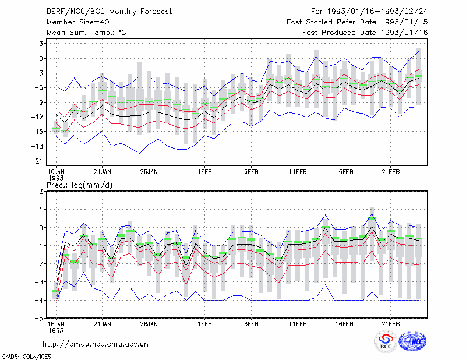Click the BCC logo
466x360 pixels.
[386, 341]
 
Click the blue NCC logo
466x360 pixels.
[412, 341]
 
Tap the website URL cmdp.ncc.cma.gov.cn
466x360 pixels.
[96, 344]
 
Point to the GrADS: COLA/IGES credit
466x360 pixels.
[26, 357]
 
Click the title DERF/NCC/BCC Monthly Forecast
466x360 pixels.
[109, 12]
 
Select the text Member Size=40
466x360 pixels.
[78, 22]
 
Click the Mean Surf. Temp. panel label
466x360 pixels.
[86, 33]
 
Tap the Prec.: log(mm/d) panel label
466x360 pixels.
[79, 185]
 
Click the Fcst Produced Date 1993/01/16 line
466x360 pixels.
[365, 33]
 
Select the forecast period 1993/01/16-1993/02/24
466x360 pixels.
[377, 12]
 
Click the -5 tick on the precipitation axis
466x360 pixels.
[39, 318]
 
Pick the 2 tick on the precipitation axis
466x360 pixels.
[41, 192]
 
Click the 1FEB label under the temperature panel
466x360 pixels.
[205, 172]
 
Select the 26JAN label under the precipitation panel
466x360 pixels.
[149, 324]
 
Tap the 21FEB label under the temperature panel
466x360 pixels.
[390, 172]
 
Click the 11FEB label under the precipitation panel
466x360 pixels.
[298, 324]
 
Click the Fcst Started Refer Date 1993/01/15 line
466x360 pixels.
[357, 22]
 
